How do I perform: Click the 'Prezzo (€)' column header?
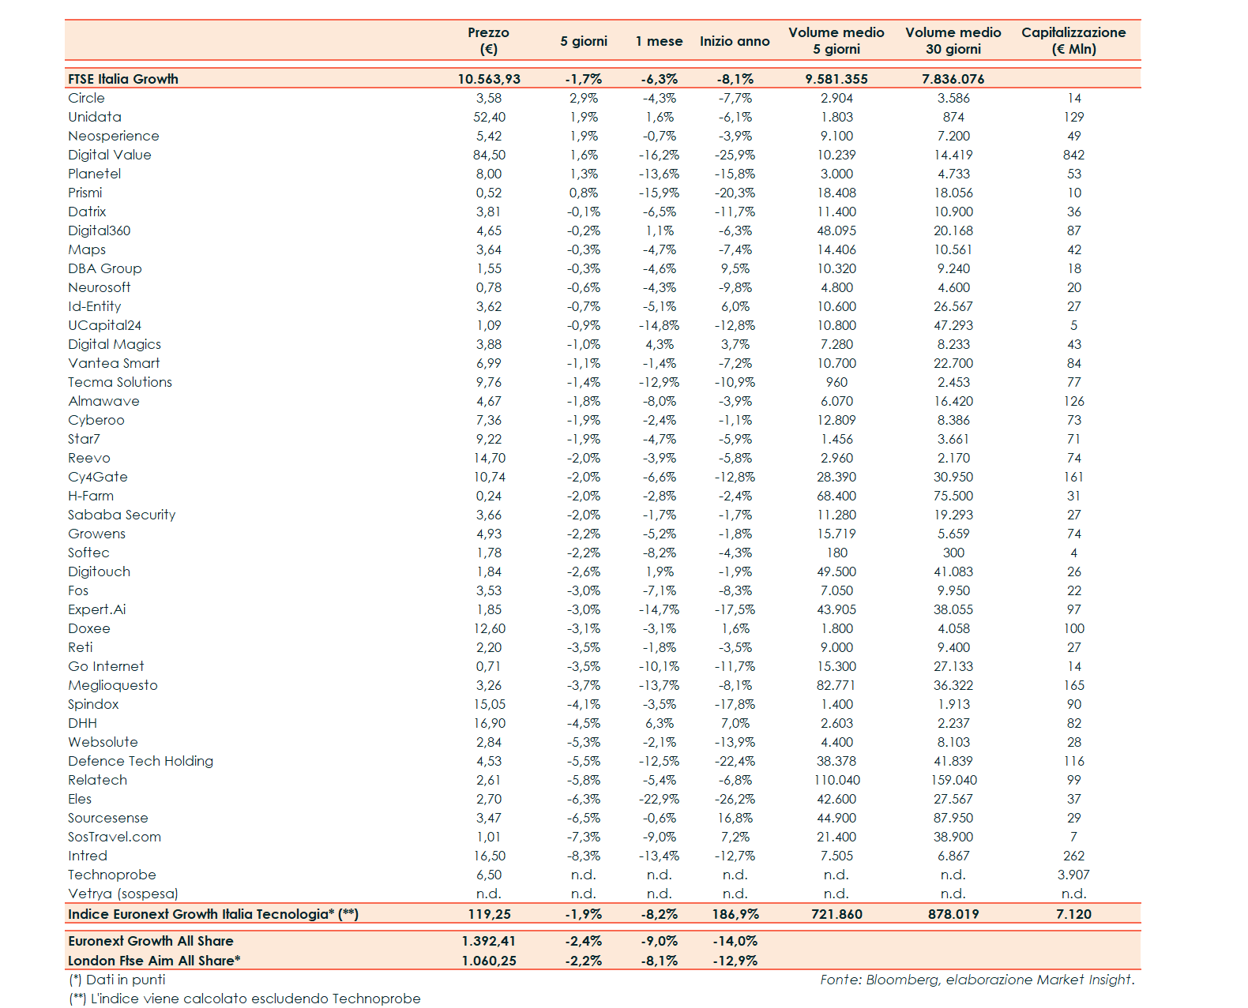(x=488, y=41)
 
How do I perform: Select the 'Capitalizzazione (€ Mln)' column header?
(x=1073, y=41)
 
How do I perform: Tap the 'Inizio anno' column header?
(x=735, y=41)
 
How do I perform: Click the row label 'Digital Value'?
(x=110, y=155)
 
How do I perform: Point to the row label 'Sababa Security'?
(x=122, y=515)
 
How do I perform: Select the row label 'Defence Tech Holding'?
(x=141, y=761)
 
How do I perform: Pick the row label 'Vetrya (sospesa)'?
(x=123, y=894)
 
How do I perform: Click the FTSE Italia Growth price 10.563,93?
(x=489, y=79)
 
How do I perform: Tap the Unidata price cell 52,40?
(x=489, y=117)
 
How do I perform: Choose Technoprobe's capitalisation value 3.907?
(x=1073, y=875)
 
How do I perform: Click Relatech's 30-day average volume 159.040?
(x=953, y=780)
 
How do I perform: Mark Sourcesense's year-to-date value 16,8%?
(x=735, y=818)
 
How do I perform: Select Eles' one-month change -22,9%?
(x=659, y=799)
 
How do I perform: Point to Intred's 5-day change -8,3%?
(x=583, y=856)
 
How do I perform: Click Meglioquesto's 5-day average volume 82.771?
(x=836, y=685)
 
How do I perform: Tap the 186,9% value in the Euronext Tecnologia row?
(x=735, y=914)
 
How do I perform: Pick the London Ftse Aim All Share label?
(x=154, y=961)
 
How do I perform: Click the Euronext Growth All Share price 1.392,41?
(x=489, y=941)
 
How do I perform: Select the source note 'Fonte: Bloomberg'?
(x=976, y=980)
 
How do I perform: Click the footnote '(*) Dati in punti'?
(x=117, y=980)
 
